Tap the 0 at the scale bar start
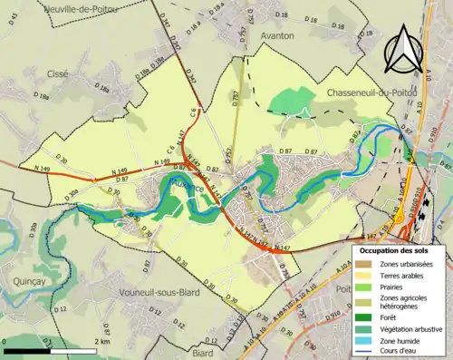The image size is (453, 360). (x=5, y=342)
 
